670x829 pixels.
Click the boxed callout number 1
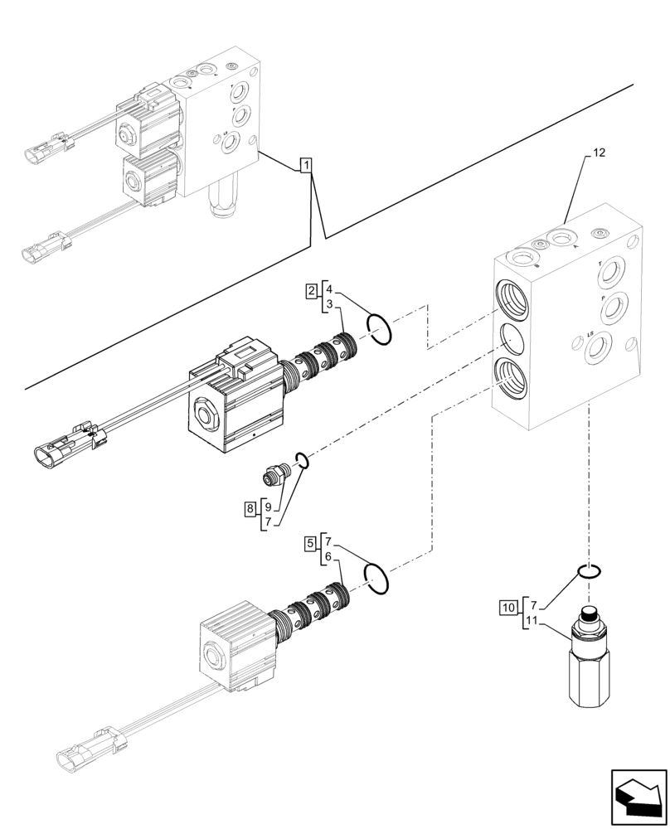tap(306, 166)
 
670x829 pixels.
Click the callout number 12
tap(600, 153)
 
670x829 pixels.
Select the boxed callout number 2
tap(310, 290)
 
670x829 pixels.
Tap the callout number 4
tap(329, 290)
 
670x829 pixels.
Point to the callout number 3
tap(329, 306)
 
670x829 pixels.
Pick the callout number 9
tap(268, 507)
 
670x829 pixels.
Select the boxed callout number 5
tap(310, 544)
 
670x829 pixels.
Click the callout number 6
tap(329, 559)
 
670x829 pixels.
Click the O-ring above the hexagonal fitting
tap(589, 570)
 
